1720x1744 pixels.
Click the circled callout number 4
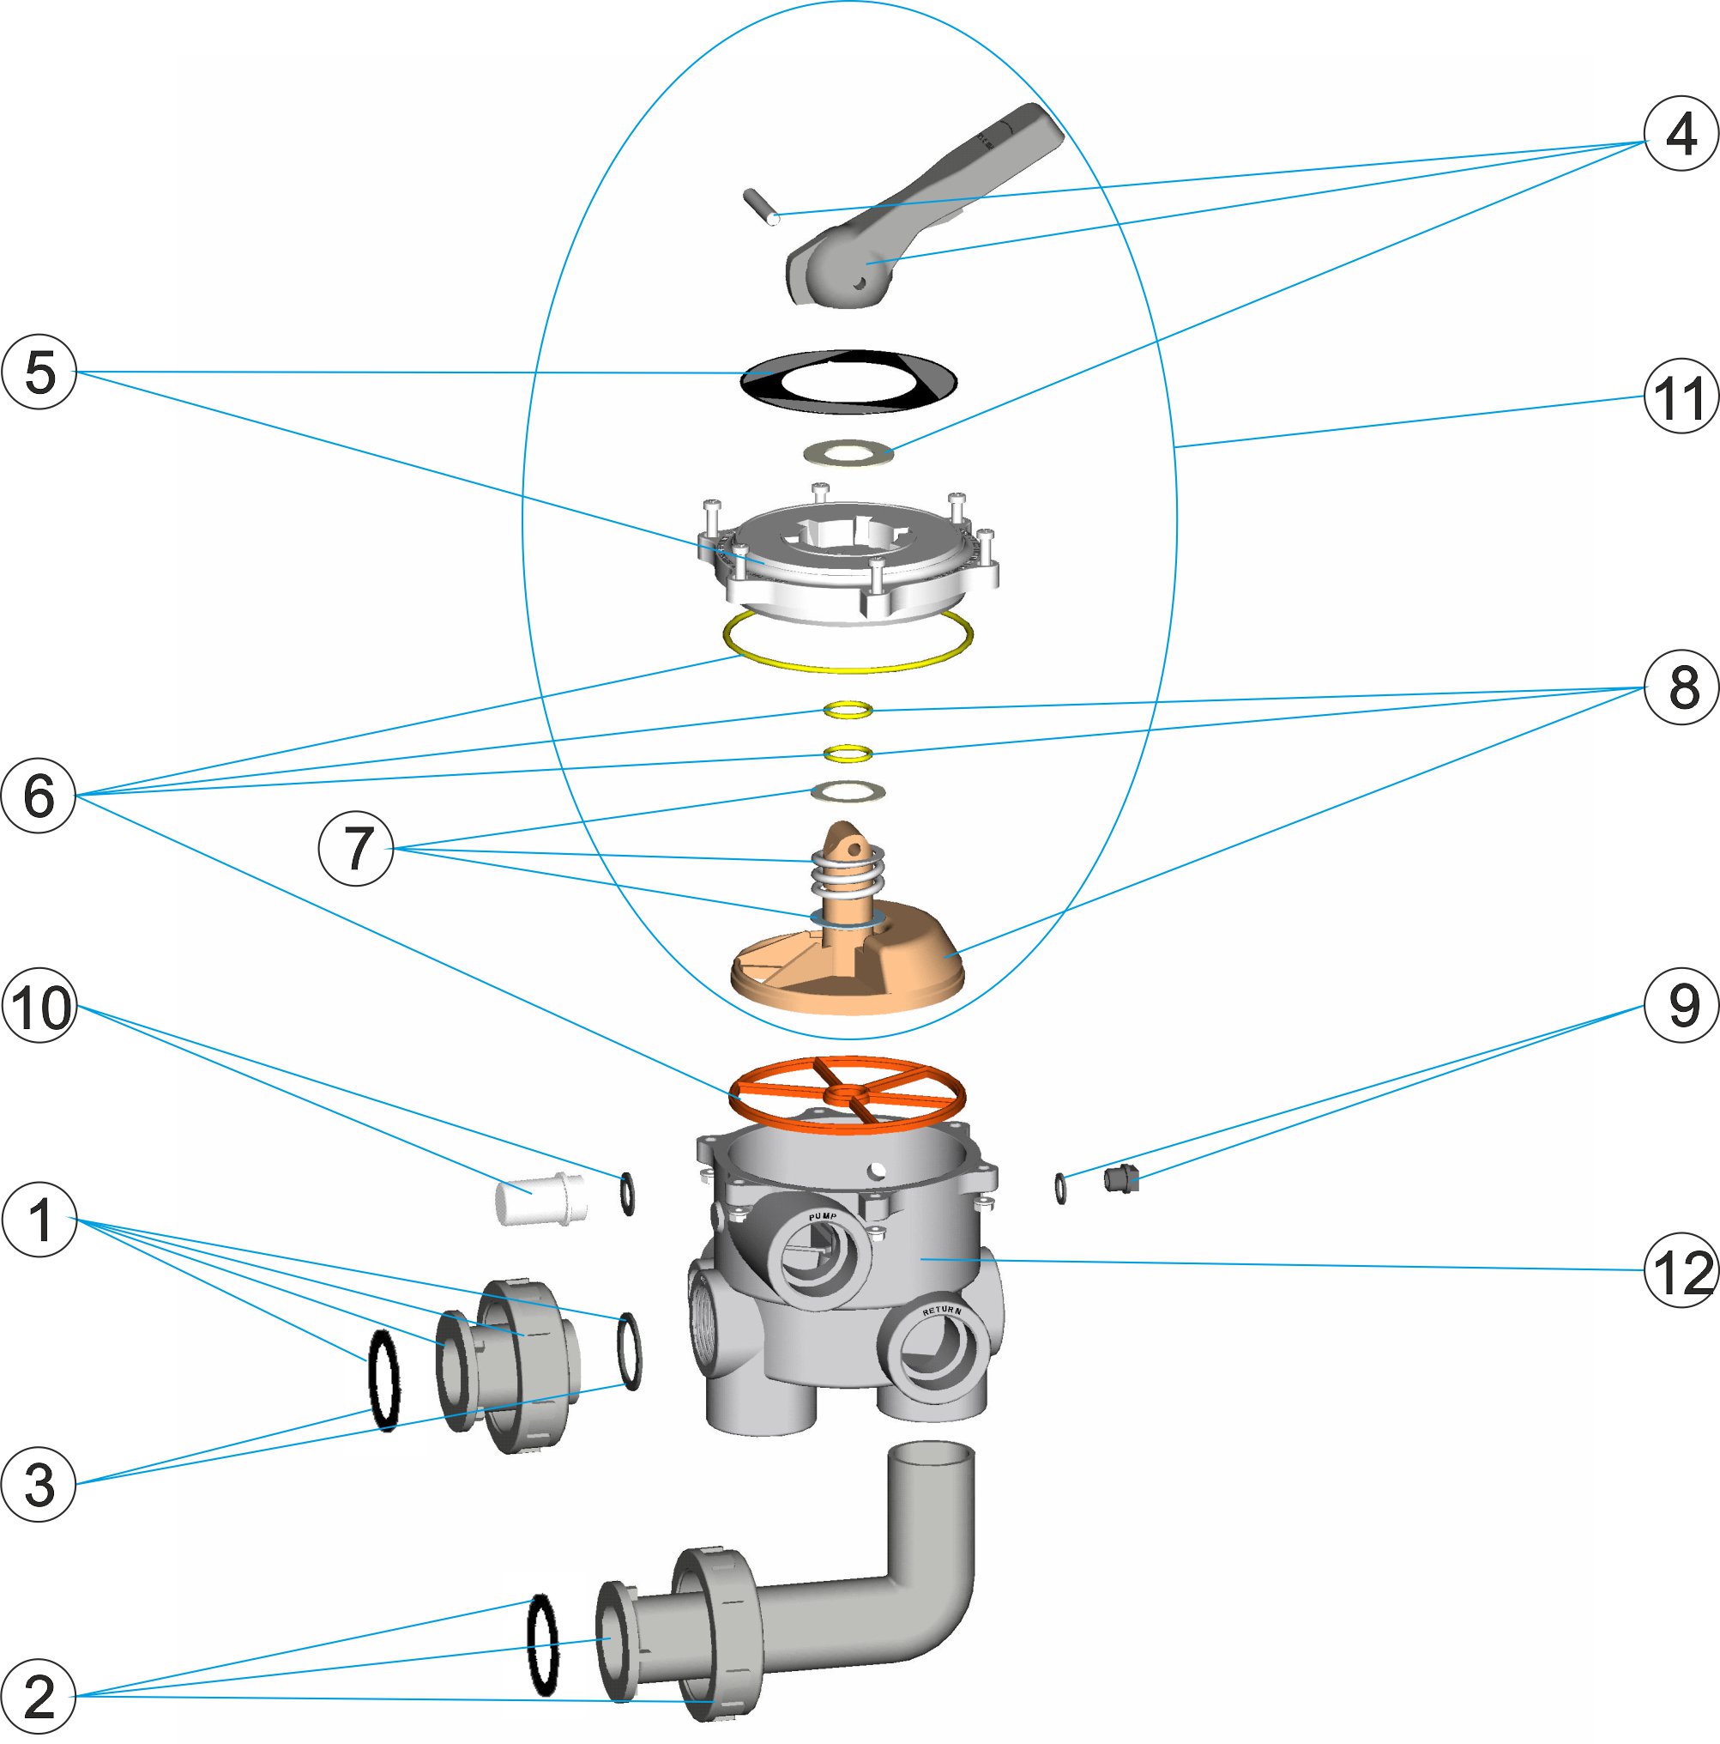click(1681, 134)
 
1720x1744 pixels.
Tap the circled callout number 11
click(1681, 397)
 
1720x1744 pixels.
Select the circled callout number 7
click(357, 849)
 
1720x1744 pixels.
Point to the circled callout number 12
click(1681, 1270)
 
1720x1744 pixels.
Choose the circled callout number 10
click(39, 1006)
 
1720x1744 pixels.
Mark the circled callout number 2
click(39, 1695)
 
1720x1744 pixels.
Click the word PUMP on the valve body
click(822, 1217)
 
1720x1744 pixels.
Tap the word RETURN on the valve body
click(941, 1310)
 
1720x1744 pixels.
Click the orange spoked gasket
click(848, 1094)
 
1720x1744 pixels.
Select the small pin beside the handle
click(762, 207)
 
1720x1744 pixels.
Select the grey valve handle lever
click(920, 208)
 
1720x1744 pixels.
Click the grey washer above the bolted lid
click(848, 452)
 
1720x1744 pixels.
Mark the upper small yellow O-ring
click(848, 710)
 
